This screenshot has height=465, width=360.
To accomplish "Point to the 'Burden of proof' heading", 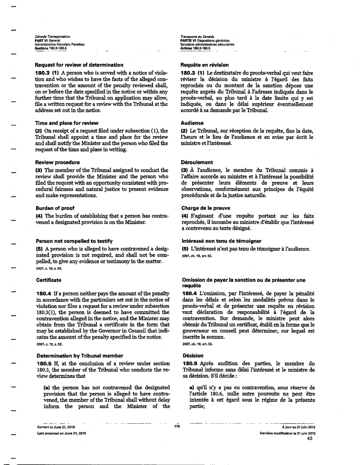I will (x=56, y=208).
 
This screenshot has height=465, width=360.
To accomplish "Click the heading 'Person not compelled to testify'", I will (x=74, y=241).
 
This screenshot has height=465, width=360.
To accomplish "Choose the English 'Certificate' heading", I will (x=48, y=280).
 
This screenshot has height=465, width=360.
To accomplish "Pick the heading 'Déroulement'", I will (x=197, y=162).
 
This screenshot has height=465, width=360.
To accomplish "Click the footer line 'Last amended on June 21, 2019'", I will (x=61, y=433).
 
